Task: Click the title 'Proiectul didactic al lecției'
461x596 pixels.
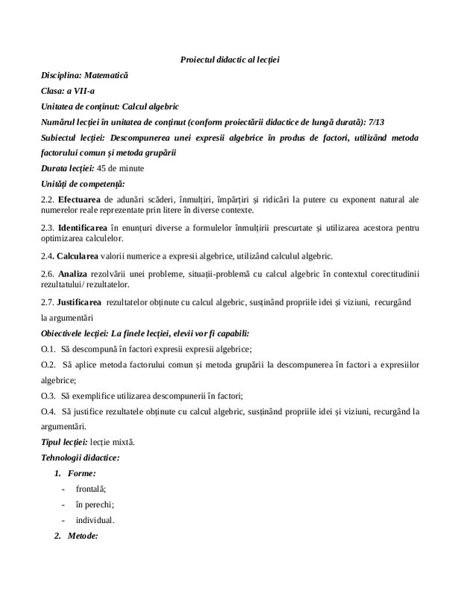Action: (x=230, y=59)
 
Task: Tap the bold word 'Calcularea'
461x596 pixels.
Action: (x=83, y=256)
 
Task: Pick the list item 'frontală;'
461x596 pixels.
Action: (x=90, y=488)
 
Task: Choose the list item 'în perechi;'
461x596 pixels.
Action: (x=94, y=504)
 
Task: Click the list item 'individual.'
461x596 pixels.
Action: (x=95, y=519)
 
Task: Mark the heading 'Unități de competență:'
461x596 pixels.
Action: (x=84, y=183)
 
